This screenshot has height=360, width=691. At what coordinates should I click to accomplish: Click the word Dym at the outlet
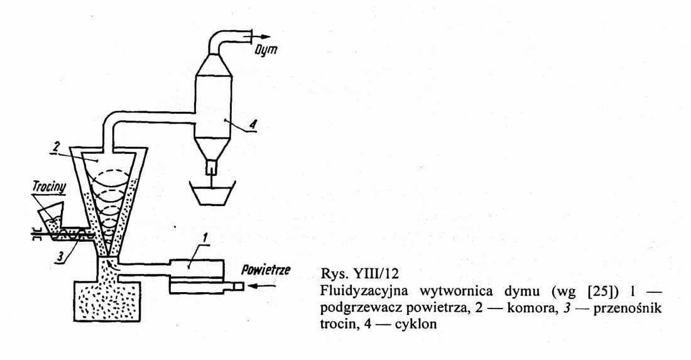(266, 50)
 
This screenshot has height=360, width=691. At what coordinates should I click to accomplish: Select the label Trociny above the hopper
(49, 187)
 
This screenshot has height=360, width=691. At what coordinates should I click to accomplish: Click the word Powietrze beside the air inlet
(266, 270)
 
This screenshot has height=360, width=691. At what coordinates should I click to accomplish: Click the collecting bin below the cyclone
(212, 193)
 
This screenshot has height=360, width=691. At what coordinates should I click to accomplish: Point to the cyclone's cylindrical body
(214, 106)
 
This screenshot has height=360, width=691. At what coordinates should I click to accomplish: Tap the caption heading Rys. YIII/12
(359, 274)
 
